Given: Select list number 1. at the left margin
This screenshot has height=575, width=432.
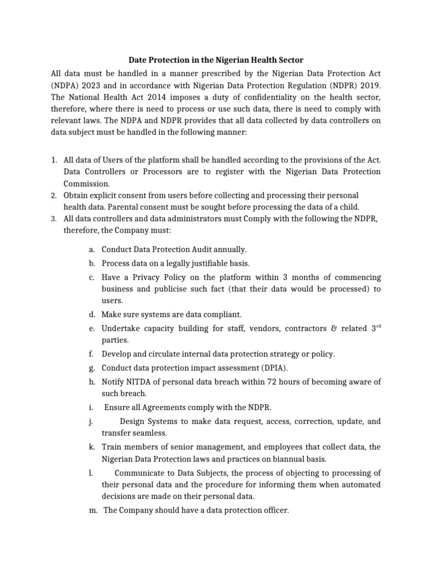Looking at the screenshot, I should pos(53,159).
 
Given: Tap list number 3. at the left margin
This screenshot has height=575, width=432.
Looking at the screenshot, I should pos(53,218).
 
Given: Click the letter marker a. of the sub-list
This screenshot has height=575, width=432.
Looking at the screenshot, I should pos(92,249).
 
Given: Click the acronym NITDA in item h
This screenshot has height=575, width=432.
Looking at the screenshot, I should pos(138,382).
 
